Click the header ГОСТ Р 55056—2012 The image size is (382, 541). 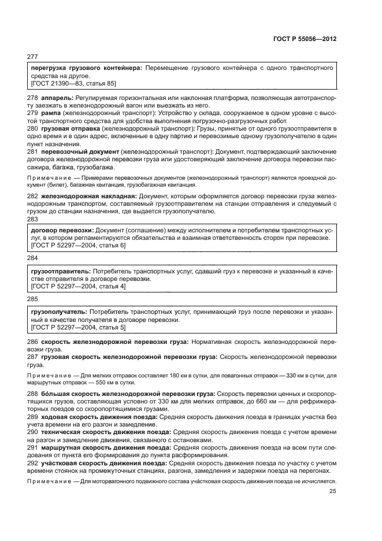(305, 39)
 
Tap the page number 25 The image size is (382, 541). (333, 491)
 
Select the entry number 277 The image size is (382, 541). (32, 57)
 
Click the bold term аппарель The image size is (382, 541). (55, 98)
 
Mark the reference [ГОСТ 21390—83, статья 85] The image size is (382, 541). (73, 83)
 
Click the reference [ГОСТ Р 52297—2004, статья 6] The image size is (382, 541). (77, 245)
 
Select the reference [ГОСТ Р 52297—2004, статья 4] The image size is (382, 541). (77, 286)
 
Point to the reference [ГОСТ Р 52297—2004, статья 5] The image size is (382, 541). (77, 327)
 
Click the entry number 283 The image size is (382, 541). (32, 219)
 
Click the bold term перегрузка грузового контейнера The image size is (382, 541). (86, 68)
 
